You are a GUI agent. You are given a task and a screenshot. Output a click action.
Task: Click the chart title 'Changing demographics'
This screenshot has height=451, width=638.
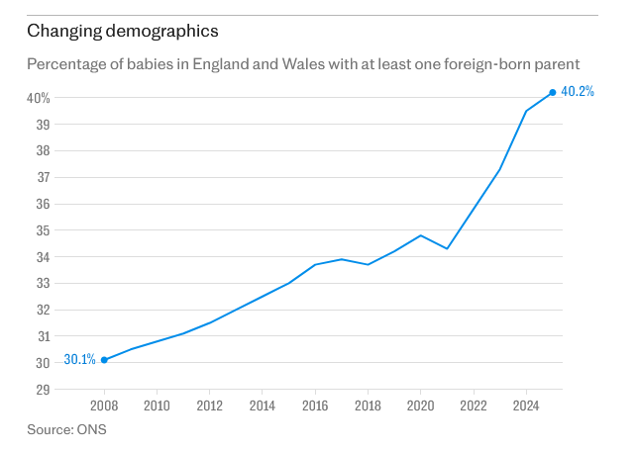click(123, 32)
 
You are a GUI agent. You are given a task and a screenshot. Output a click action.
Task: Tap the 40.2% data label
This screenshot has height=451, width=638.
click(578, 91)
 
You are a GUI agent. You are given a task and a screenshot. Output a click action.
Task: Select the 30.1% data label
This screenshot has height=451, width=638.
click(79, 359)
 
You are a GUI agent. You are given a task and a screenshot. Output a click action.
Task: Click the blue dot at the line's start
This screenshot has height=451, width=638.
click(104, 360)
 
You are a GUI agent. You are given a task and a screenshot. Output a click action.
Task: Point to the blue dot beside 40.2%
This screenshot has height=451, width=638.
click(553, 93)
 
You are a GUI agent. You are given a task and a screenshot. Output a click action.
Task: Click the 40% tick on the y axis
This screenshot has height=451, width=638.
click(39, 98)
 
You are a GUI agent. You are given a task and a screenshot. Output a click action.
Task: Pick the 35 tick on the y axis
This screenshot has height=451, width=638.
click(44, 230)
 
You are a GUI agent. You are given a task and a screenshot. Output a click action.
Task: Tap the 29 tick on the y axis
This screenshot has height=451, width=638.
click(44, 390)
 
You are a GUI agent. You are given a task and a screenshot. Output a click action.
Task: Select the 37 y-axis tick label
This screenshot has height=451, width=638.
click(44, 178)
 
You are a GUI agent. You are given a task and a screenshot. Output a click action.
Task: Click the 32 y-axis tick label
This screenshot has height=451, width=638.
click(44, 310)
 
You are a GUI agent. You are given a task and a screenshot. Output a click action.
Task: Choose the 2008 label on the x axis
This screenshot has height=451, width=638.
click(104, 406)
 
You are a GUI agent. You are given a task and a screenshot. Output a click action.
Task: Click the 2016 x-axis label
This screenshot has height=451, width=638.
click(315, 406)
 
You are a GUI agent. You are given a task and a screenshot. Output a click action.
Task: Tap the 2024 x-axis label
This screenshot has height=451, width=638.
click(526, 406)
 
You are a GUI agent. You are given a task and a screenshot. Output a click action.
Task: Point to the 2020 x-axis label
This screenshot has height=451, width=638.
click(421, 406)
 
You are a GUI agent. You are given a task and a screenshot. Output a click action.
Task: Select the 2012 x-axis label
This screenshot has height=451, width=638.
click(210, 406)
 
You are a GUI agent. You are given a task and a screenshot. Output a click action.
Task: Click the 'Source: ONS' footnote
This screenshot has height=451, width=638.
click(66, 429)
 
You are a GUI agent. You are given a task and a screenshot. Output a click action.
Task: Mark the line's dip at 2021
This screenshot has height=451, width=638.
click(447, 248)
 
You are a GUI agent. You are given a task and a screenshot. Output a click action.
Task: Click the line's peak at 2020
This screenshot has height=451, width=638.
click(421, 235)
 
